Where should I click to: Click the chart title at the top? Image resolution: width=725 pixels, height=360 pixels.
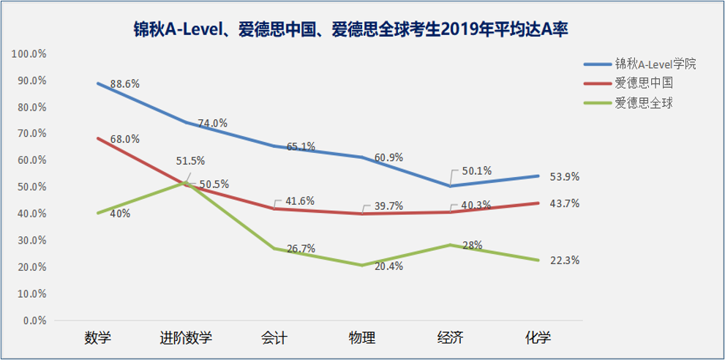[351, 29]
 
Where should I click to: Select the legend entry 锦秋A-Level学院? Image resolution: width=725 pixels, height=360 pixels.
[654, 64]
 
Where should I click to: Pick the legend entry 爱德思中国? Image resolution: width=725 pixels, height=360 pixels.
[643, 83]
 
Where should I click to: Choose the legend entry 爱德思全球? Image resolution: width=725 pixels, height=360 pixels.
[643, 102]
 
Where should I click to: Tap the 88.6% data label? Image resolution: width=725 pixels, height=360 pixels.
[124, 84]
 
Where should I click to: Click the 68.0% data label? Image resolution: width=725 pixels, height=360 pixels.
[124, 139]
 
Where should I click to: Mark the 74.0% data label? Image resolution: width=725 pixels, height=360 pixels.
[212, 124]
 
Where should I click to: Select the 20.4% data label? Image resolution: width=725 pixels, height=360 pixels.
[388, 266]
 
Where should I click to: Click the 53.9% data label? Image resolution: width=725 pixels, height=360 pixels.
[564, 177]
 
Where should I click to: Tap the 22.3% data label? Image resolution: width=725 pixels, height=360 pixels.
[564, 260]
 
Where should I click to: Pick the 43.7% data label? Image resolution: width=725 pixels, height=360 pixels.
[564, 203]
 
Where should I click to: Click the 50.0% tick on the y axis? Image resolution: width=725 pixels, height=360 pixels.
[31, 187]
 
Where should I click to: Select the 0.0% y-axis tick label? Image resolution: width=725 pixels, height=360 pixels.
[34, 320]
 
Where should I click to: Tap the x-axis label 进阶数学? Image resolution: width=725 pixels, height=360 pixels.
[186, 338]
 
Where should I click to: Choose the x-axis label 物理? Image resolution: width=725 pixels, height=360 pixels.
[362, 338]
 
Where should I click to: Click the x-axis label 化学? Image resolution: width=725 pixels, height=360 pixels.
[538, 338]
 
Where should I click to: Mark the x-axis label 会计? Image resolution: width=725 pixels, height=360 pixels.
[274, 338]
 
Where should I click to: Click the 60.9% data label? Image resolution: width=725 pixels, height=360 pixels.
[388, 157]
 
